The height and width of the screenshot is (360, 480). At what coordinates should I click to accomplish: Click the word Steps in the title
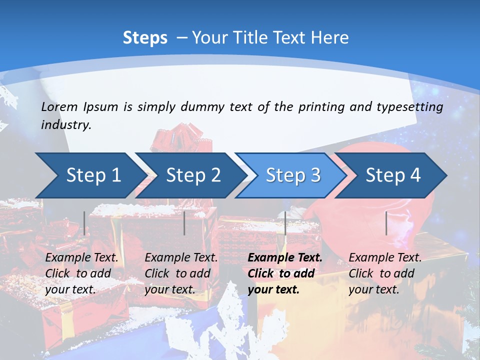point(145,38)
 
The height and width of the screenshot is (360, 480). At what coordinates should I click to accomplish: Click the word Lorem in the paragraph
point(59,107)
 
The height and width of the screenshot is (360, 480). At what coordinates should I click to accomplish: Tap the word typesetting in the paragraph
point(413,107)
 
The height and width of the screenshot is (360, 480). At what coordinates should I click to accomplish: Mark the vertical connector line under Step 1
point(84,223)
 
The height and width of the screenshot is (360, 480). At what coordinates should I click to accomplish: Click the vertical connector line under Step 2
point(184,223)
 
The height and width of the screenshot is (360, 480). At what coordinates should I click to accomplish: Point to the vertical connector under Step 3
point(285,223)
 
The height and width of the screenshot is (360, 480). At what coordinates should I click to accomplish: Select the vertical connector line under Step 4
point(386,223)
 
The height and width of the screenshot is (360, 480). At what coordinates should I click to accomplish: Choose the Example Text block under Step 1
point(81,273)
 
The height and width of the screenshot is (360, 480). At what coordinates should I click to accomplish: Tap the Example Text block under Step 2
point(180,273)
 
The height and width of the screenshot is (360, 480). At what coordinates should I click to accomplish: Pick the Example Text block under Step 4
point(384,273)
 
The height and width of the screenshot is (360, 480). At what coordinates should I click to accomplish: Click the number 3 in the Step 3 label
point(315,175)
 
